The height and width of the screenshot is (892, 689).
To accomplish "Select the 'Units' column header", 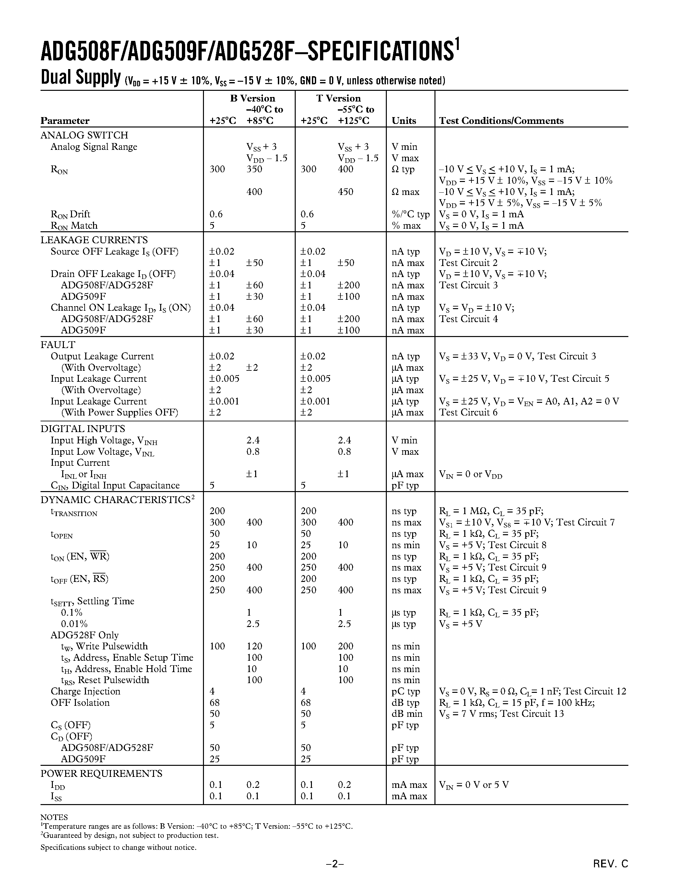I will click(403, 121).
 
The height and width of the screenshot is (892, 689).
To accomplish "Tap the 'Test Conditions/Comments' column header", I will click(501, 121).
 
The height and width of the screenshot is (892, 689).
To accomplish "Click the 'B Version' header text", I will click(252, 98).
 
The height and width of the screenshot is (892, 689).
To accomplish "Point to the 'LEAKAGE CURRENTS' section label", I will click(94, 240).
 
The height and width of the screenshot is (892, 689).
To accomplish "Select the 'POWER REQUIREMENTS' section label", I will click(101, 773).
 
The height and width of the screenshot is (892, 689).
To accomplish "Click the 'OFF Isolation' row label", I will click(80, 703).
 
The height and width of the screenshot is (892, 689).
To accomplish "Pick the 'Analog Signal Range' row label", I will click(93, 147).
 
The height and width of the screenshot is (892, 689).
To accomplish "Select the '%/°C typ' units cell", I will click(410, 214).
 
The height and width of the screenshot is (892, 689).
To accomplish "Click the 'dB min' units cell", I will click(407, 714).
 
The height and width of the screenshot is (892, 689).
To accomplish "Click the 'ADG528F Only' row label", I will click(85, 635).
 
